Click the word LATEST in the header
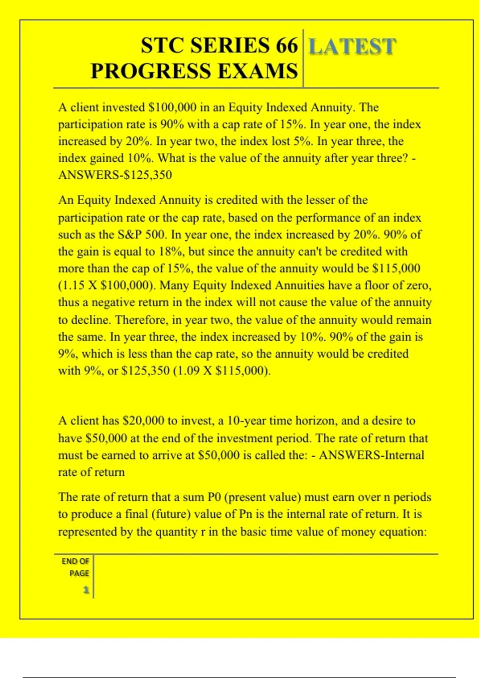(x=352, y=46)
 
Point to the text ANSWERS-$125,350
(x=115, y=175)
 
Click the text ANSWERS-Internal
(x=371, y=455)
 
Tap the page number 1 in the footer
(x=86, y=590)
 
